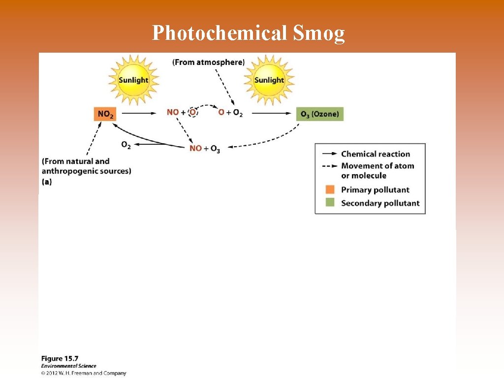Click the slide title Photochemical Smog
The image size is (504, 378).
[x=249, y=33]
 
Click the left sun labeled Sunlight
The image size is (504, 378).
[x=133, y=80]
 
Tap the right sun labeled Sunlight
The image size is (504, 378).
[x=269, y=80]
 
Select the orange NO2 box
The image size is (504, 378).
[x=105, y=114]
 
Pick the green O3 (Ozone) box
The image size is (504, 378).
[x=320, y=114]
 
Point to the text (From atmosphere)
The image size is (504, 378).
[x=208, y=62]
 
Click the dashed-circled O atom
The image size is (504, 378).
[x=193, y=112]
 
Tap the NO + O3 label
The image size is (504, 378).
[x=205, y=149]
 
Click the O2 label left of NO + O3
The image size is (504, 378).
[x=126, y=145]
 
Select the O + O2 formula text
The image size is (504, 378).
[x=230, y=113]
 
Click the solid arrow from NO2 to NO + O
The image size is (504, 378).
[x=143, y=113]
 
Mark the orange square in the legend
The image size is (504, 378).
[x=330, y=189]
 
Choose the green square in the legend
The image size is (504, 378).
[x=330, y=202]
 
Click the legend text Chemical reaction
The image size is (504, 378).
[x=376, y=154]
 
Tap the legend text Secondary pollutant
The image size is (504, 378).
[x=380, y=203]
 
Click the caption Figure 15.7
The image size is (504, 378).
[x=60, y=359]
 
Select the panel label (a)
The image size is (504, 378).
[x=47, y=182]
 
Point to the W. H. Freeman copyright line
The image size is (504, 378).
[x=84, y=373]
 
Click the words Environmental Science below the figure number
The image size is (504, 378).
[x=68, y=366]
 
